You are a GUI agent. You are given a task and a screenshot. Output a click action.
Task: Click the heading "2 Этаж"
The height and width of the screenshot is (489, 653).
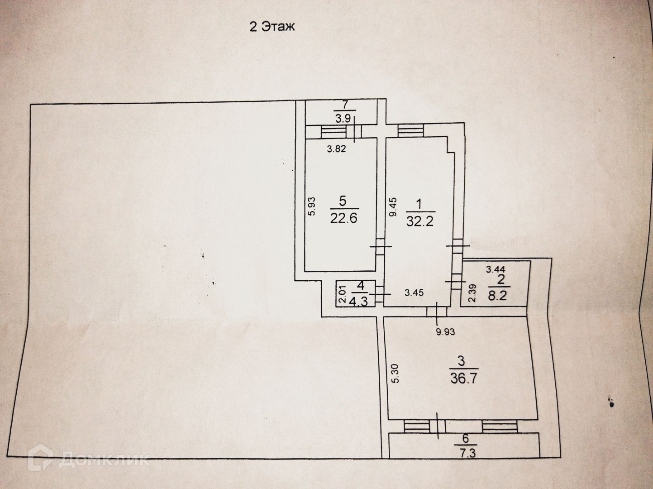pyautogui.click(x=272, y=27)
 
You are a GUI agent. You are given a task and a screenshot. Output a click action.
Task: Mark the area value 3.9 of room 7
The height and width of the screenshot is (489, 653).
pyautogui.click(x=345, y=119)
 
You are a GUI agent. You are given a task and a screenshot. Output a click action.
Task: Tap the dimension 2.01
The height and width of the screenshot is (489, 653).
pyautogui.click(x=342, y=294)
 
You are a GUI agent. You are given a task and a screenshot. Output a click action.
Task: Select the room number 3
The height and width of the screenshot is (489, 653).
pyautogui.click(x=461, y=361)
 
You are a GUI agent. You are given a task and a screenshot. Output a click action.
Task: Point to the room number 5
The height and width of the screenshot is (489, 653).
pyautogui.click(x=343, y=201)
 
